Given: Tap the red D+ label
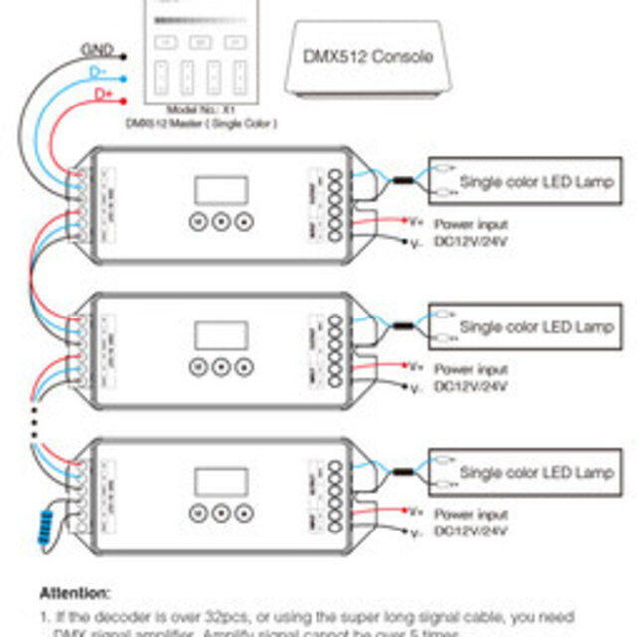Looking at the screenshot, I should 104,94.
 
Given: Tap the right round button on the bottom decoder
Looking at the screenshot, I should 240,513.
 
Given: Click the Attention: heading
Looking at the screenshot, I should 75,592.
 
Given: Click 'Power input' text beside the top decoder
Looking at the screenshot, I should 470,225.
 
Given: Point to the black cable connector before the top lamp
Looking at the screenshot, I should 403,181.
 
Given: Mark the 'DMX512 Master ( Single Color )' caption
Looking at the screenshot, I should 200,122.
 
